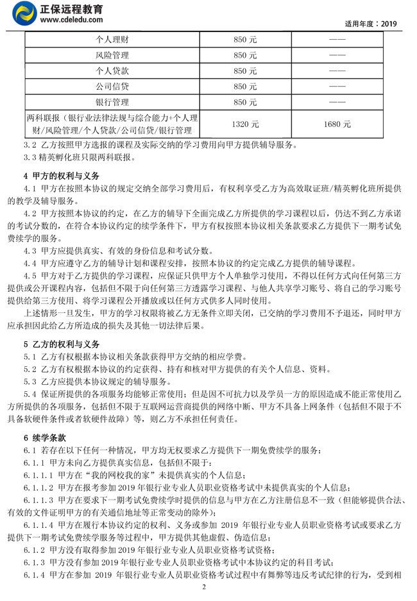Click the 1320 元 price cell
click(x=246, y=124)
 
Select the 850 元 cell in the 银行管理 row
click(x=246, y=102)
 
